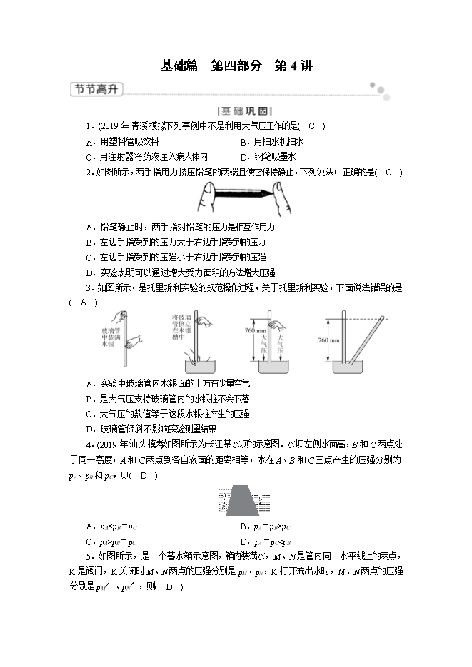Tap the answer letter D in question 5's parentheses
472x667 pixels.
(169, 587)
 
